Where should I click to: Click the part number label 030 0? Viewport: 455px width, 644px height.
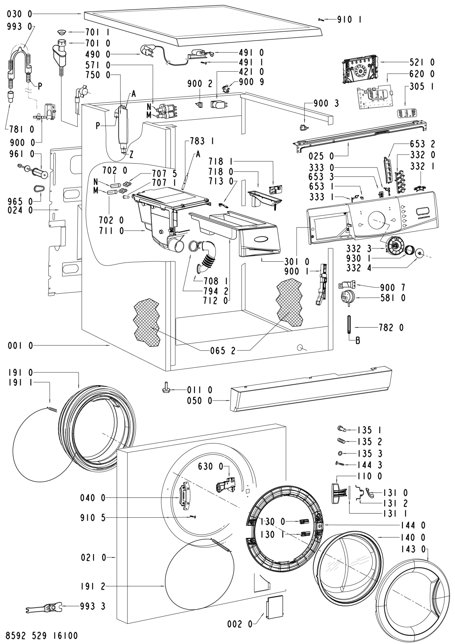(19, 14)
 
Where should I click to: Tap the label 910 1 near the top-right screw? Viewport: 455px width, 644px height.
(349, 19)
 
